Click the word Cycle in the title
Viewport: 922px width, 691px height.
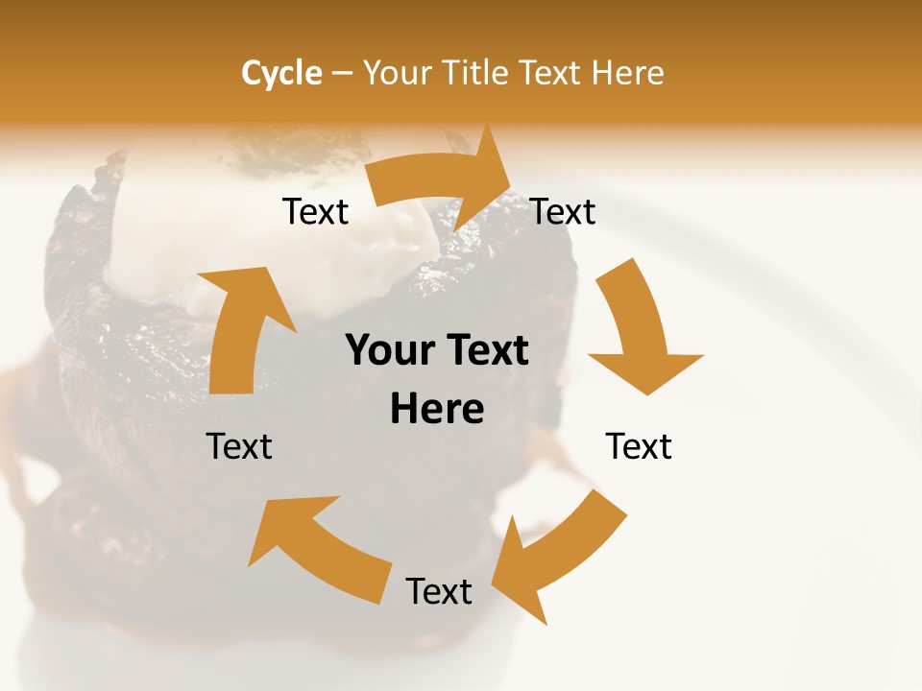coord(281,73)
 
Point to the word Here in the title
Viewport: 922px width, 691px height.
coord(626,73)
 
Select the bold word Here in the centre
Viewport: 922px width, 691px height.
coord(437,409)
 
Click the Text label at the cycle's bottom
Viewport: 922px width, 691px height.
coord(439,591)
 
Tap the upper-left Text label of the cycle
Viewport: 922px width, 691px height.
coord(315,212)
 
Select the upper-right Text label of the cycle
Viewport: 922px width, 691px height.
coord(563,212)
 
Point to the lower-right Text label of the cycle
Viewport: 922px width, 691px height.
coord(639,446)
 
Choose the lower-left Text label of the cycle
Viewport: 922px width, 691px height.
coord(239,446)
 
